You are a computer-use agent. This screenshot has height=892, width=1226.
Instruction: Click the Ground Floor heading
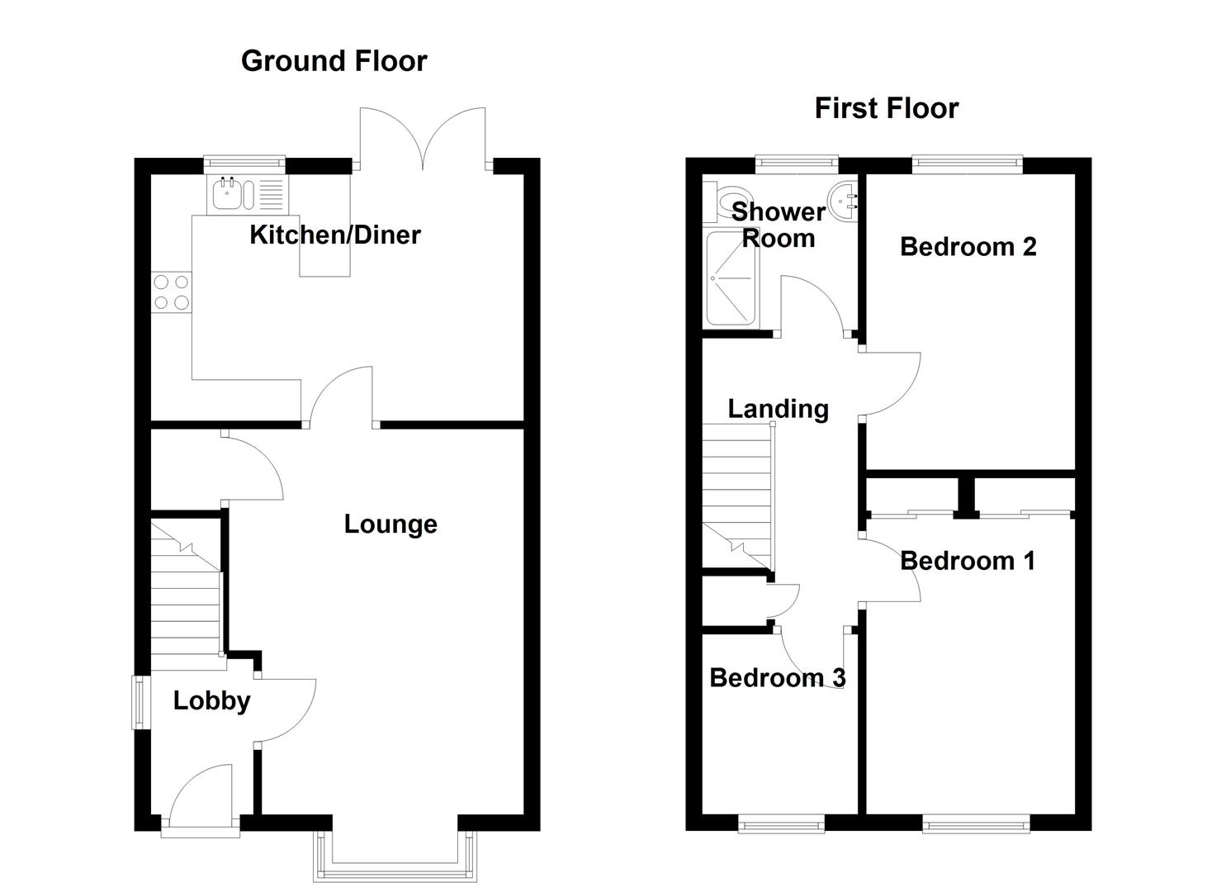(334, 61)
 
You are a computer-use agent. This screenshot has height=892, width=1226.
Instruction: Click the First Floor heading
(886, 108)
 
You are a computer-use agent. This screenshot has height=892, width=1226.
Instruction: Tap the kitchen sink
(226, 194)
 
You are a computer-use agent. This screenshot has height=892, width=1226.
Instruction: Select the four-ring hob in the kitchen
(172, 292)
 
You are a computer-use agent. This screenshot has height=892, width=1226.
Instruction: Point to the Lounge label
(391, 524)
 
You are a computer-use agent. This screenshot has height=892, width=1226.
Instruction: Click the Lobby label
(211, 701)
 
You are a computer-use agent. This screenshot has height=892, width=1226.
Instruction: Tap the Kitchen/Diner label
(335, 235)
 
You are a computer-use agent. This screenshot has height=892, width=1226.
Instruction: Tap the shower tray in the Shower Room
(731, 278)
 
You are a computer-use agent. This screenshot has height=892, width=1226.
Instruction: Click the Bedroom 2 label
(968, 247)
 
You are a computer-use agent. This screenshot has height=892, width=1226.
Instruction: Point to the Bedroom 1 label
(967, 562)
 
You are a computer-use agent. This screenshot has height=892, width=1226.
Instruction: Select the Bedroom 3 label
(777, 678)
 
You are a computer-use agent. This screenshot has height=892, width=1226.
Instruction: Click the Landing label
(778, 409)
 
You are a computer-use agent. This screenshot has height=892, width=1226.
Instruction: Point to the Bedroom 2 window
(967, 165)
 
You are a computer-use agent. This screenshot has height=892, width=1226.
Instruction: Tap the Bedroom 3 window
(781, 823)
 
